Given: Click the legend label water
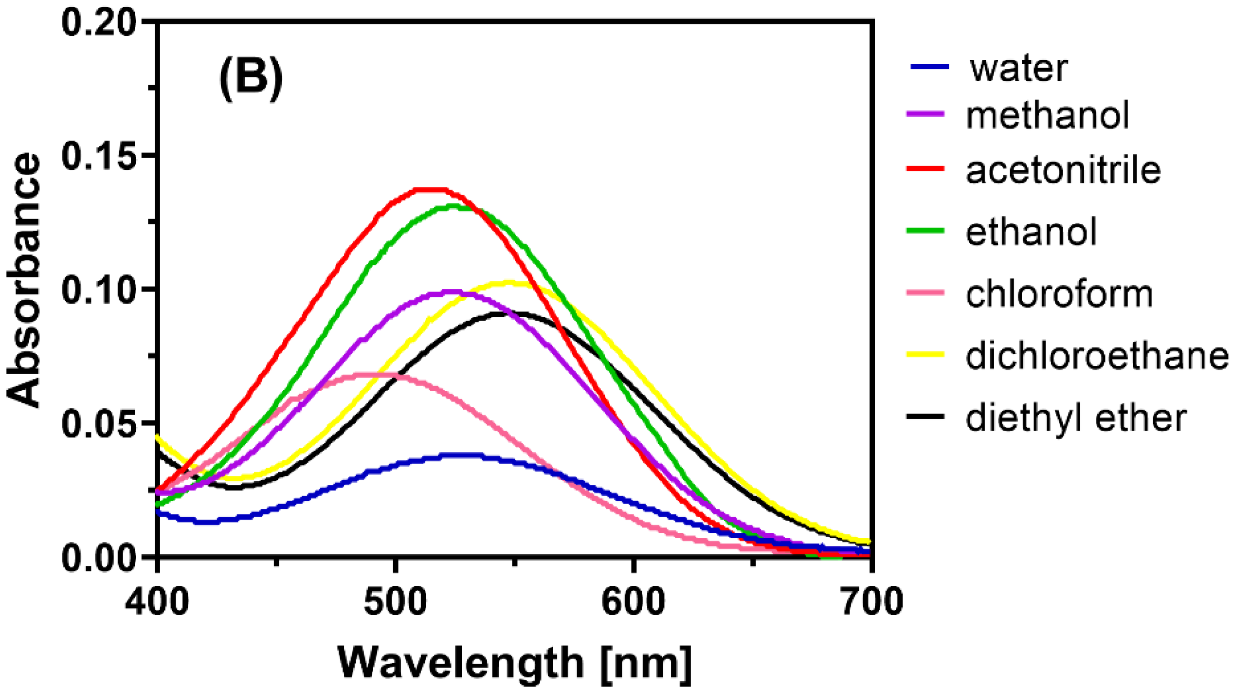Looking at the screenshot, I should pos(1018,69).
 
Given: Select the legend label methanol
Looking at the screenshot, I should pos(1047,116).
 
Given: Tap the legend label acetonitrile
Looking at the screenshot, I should pos(1063,171).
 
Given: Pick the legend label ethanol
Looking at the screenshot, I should pos(1031,232).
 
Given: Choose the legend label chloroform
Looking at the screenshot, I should pos(1059,294).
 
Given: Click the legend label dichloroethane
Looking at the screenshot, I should pos(1097,356).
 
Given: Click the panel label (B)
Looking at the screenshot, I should pos(251,78).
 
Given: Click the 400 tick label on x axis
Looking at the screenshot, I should pos(157,602).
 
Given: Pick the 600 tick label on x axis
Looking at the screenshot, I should pos(633,602).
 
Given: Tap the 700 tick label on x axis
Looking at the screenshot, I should pos(871,602).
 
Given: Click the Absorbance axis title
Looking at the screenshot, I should pos(24,281).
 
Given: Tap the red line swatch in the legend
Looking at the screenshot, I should pos(925,169).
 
